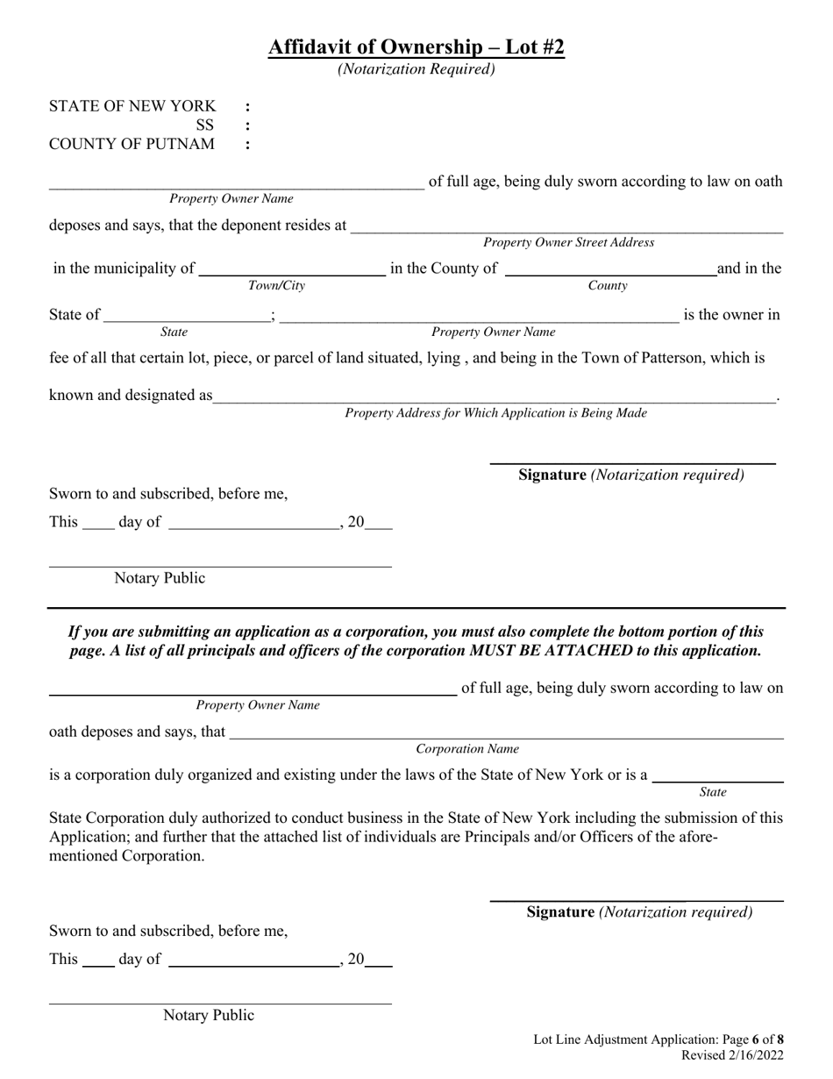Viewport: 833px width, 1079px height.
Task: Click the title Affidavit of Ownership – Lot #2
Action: click(x=416, y=46)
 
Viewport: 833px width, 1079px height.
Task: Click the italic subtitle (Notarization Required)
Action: click(x=416, y=68)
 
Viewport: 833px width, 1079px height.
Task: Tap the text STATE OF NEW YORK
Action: click(x=132, y=106)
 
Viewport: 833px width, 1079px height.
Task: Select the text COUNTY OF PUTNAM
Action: click(x=132, y=144)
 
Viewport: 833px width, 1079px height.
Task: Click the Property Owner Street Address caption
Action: click(x=568, y=242)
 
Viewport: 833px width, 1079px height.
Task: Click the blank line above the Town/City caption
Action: click(x=292, y=275)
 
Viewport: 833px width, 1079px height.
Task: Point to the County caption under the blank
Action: click(x=607, y=286)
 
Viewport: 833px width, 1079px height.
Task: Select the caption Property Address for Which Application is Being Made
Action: click(x=495, y=412)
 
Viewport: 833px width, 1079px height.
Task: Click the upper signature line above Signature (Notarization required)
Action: click(x=632, y=461)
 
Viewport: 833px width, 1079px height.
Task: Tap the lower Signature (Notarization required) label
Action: click(x=639, y=912)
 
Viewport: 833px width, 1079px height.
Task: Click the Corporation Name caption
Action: click(x=467, y=749)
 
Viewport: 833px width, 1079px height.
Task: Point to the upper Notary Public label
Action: click(x=160, y=578)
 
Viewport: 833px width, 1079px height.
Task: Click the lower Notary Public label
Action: click(x=209, y=1015)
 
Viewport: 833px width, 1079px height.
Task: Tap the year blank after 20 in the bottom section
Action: click(x=379, y=965)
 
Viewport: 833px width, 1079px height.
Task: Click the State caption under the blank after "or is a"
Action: click(x=713, y=792)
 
